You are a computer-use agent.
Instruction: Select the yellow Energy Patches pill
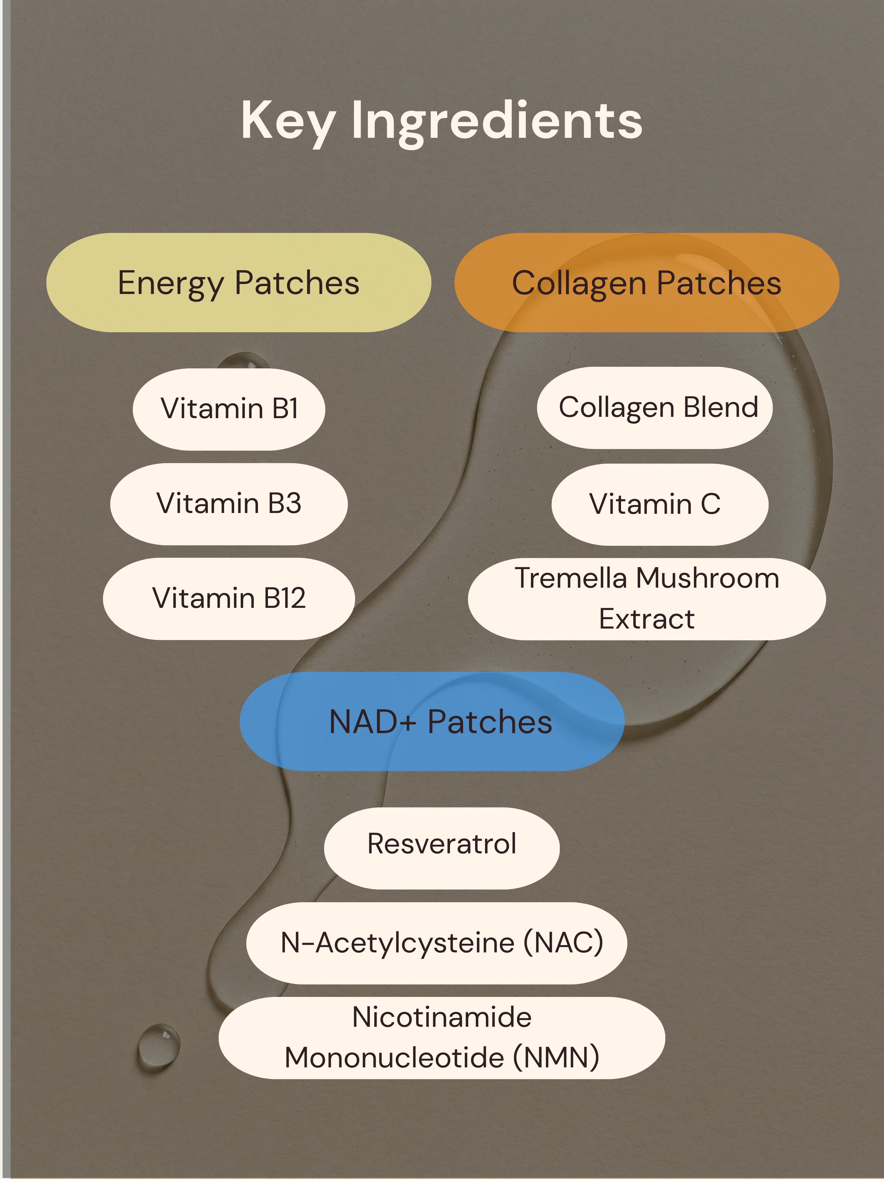pyautogui.click(x=239, y=282)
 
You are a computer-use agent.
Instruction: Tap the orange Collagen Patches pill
pyautogui.click(x=647, y=282)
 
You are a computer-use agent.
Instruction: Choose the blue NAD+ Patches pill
pyautogui.click(x=432, y=721)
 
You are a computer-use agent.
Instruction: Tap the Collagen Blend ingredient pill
pyautogui.click(x=655, y=408)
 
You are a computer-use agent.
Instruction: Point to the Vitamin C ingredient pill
pyautogui.click(x=660, y=504)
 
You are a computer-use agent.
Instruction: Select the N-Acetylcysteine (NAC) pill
pyautogui.click(x=436, y=943)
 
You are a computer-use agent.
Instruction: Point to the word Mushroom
pyautogui.click(x=708, y=578)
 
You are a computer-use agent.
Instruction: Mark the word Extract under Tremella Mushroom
pyautogui.click(x=647, y=619)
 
